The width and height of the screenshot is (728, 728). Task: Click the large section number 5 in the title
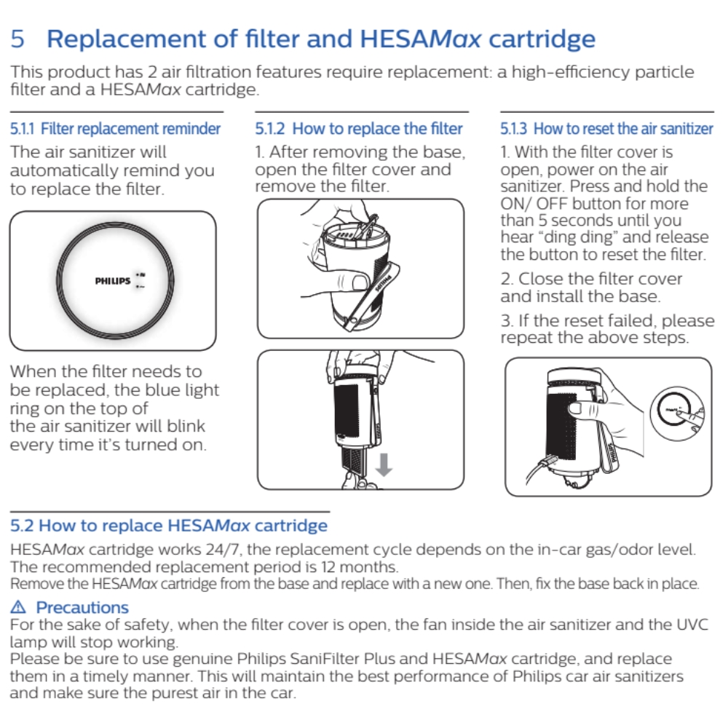[17, 39]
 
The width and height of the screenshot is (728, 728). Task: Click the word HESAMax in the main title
[421, 39]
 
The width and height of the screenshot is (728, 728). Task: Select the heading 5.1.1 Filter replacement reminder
[115, 129]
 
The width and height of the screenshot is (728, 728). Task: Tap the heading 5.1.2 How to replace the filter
[358, 129]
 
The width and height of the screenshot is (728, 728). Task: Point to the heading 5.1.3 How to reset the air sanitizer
[606, 129]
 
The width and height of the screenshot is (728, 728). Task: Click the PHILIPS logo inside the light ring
[112, 281]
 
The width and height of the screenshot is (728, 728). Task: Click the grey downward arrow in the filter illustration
[384, 464]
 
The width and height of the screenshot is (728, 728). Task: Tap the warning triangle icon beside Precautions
[18, 607]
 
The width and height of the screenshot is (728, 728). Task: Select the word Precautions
[82, 607]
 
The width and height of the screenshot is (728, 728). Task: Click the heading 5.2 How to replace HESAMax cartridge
[169, 526]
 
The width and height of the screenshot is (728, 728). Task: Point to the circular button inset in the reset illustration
[677, 414]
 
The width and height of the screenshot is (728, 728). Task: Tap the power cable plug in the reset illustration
[549, 462]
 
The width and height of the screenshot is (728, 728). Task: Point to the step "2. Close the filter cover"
[591, 279]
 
